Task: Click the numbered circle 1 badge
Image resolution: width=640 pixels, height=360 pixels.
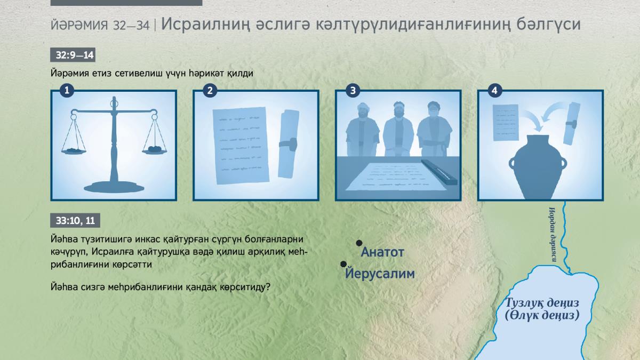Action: [67, 91]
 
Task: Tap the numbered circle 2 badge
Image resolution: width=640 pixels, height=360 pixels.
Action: [210, 91]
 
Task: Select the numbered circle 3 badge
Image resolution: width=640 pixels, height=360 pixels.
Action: [353, 91]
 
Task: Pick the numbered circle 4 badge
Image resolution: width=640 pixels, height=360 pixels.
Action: [494, 91]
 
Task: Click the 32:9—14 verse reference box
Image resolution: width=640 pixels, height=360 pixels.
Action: [73, 55]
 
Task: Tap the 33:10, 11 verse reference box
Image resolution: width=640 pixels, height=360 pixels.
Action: [75, 220]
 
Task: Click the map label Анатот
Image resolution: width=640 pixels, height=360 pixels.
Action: [382, 252]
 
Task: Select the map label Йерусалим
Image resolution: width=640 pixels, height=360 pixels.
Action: [380, 273]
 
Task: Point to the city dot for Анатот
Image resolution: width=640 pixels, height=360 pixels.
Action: [359, 243]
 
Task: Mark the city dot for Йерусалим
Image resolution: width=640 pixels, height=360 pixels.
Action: [343, 265]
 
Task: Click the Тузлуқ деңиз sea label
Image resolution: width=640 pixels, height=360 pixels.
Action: [542, 302]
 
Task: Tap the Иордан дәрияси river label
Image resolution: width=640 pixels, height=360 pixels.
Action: [553, 234]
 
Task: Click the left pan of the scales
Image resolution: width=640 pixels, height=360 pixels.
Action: [74, 151]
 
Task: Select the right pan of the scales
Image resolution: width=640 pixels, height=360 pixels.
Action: [155, 150]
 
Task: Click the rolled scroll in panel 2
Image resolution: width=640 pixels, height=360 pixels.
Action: [288, 144]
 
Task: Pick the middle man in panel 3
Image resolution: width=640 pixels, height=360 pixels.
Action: [398, 129]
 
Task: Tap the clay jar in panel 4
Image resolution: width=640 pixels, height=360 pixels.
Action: [538, 167]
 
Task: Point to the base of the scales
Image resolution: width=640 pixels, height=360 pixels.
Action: [114, 187]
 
